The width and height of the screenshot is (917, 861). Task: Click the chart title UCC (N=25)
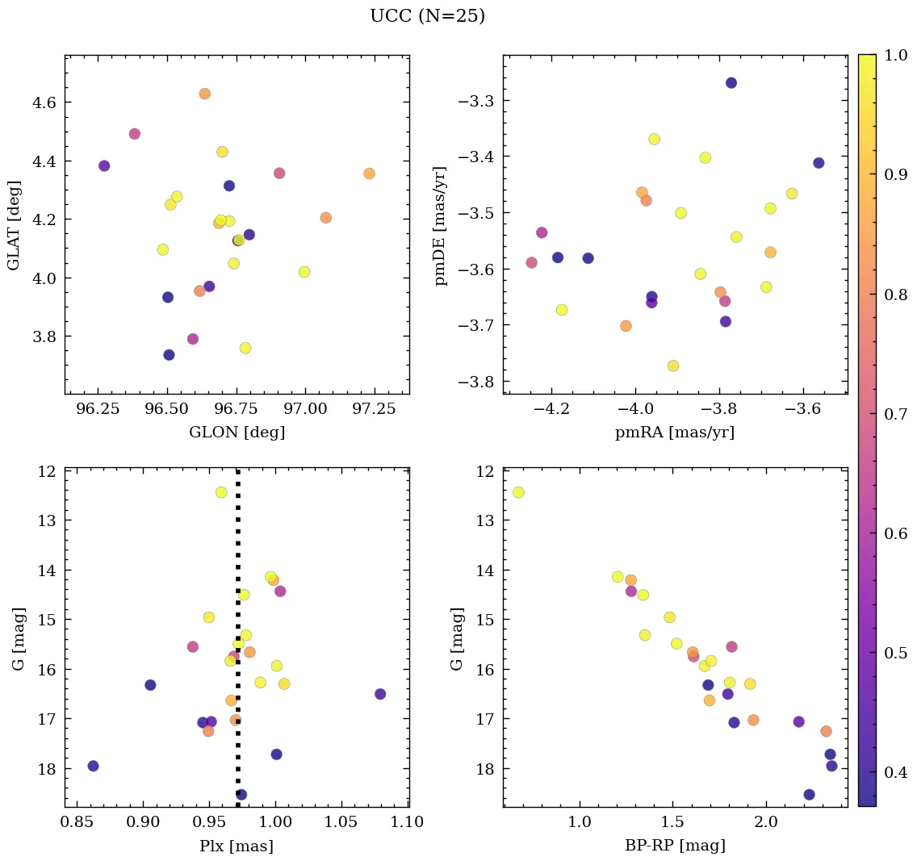tap(427, 16)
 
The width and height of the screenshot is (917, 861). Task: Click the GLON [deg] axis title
tap(237, 433)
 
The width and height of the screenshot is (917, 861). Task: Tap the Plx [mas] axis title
tap(236, 846)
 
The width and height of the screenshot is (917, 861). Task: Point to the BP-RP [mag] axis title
tap(675, 846)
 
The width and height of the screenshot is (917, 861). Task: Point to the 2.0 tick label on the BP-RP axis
tap(766, 824)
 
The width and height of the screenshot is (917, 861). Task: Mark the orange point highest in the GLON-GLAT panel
tap(205, 94)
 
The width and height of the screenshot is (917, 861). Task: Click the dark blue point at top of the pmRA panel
tap(731, 82)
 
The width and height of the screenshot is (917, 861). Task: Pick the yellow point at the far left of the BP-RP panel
tap(518, 492)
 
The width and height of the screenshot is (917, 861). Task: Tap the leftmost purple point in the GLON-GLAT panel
tap(104, 165)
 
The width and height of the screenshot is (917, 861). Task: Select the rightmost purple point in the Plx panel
tap(380, 694)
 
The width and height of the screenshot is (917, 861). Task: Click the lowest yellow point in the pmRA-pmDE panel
tap(673, 366)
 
